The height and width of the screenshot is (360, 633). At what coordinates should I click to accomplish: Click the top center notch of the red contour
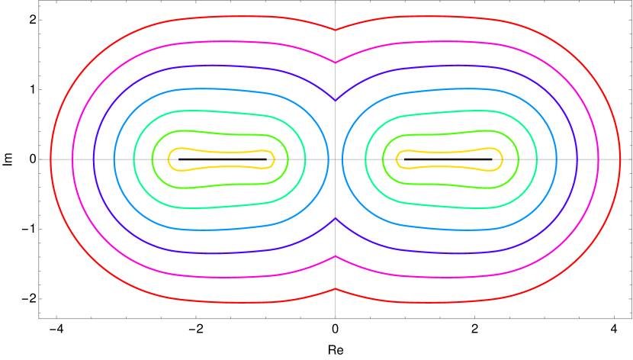point(336,29)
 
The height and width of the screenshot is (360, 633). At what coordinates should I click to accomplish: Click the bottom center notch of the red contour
point(336,288)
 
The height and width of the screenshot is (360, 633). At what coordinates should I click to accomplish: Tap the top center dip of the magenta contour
point(336,60)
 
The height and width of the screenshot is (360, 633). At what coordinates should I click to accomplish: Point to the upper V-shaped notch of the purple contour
point(336,100)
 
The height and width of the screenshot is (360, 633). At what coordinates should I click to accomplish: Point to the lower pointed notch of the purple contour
point(336,218)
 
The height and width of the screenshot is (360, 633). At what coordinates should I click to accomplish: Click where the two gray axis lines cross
point(336,159)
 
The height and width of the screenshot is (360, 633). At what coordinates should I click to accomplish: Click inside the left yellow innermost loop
point(221,159)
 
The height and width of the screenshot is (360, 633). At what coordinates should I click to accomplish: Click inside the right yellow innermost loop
point(450,159)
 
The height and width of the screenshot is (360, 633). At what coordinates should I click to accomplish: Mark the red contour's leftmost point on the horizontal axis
point(50,159)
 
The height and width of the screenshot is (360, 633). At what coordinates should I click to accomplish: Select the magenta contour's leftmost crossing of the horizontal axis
point(72,159)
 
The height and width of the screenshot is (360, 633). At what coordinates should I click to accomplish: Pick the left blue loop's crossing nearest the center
point(329,159)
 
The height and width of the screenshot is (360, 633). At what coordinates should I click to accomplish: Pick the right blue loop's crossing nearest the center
point(342,159)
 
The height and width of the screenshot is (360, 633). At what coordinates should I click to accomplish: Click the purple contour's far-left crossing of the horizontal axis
point(92,159)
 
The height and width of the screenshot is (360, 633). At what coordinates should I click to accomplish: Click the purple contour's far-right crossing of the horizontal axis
point(579,159)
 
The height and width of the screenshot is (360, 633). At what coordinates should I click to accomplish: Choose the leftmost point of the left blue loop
point(113,159)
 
